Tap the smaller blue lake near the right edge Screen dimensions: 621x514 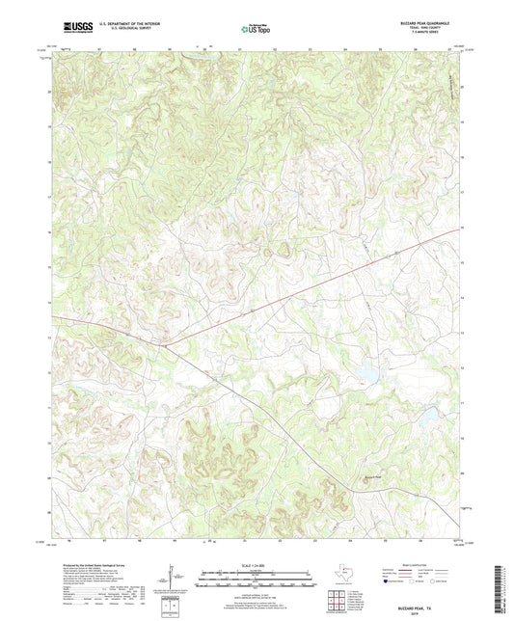point(425,416)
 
